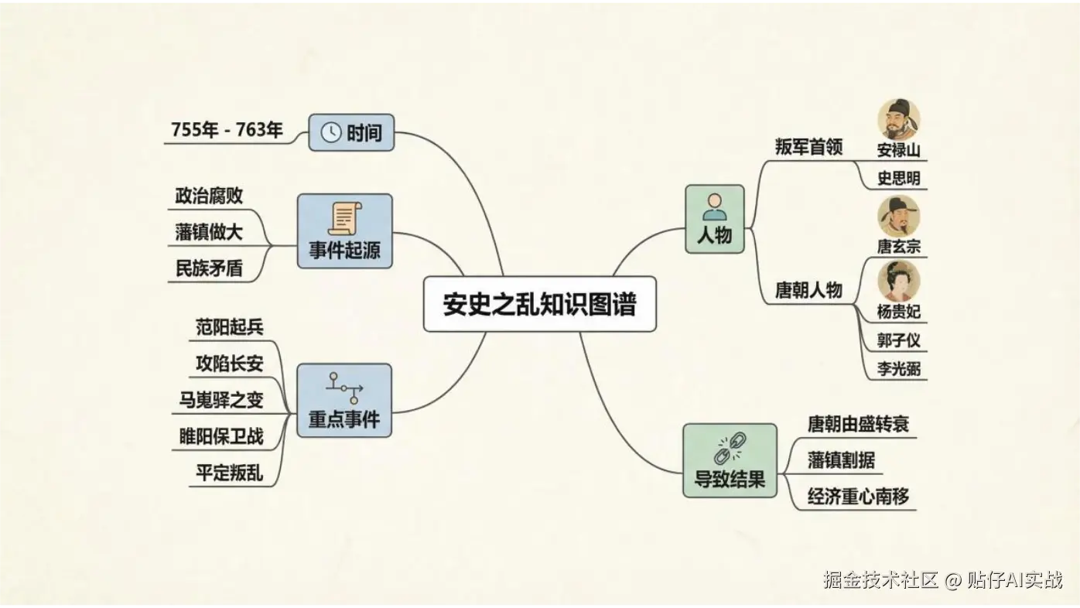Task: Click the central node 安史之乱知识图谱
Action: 539,304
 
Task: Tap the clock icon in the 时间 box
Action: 330,132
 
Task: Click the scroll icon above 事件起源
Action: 344,218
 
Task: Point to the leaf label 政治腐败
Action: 209,196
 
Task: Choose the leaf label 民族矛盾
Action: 209,268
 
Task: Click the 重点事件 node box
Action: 344,400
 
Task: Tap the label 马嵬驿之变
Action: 221,399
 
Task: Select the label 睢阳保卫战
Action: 221,436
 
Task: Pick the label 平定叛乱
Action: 229,473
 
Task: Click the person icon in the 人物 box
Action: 714,207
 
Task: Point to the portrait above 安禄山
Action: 898,119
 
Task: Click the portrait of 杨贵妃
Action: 898,281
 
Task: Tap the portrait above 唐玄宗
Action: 898,216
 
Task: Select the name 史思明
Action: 898,179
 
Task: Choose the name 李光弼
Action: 898,369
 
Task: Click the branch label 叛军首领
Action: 808,147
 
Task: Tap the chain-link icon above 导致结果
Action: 730,448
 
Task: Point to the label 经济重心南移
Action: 858,497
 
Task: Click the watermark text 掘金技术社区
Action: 880,580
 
